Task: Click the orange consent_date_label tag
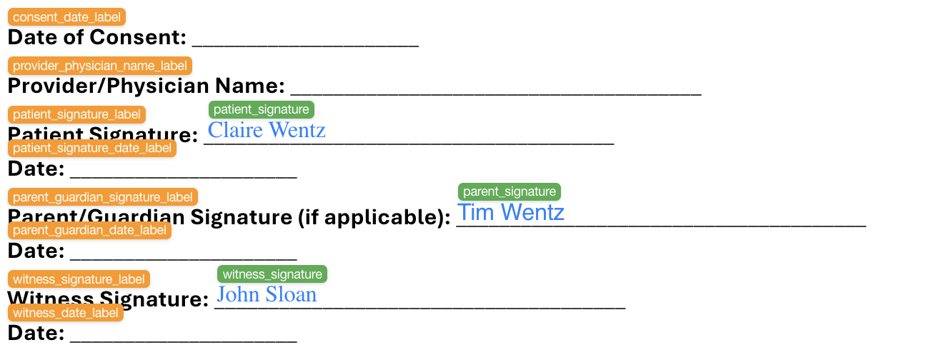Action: [66, 17]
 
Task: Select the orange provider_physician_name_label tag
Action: [100, 66]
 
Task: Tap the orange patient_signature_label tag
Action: [76, 114]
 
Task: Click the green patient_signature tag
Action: [262, 109]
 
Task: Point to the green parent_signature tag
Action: [510, 191]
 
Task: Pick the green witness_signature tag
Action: [272, 274]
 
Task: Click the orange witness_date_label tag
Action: [66, 312]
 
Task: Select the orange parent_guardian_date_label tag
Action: [89, 230]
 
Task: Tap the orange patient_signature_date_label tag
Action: [92, 148]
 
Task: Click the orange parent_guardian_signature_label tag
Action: [103, 196]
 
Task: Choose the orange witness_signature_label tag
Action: [79, 279]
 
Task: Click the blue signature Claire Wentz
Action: [267, 130]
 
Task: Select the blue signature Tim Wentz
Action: [510, 212]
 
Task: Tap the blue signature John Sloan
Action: [267, 294]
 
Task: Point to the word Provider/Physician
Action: [109, 86]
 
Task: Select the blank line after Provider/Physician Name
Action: [495, 91]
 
